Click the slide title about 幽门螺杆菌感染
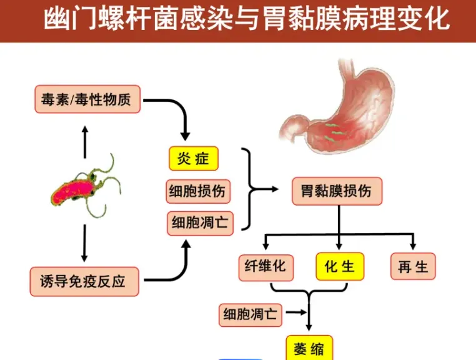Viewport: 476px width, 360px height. coord(247,19)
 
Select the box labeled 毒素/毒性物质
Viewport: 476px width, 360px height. coord(87,99)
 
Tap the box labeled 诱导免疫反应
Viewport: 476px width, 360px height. coord(84,281)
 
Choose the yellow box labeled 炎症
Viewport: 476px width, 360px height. coord(194,159)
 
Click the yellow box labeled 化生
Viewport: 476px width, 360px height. coord(340,267)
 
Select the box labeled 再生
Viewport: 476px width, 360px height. coord(413,267)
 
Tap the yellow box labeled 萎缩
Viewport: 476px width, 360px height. coord(309,348)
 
